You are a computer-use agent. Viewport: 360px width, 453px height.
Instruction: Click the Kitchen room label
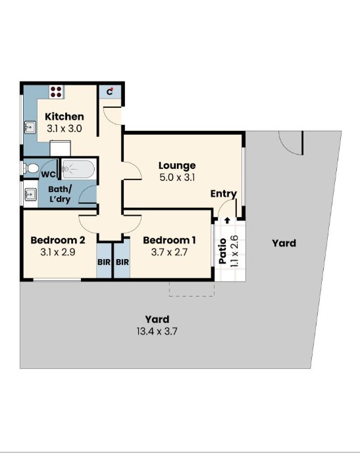coord(64,116)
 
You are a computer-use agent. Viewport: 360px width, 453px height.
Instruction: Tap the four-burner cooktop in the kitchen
coord(56,91)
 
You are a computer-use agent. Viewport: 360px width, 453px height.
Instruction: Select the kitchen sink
coord(30,128)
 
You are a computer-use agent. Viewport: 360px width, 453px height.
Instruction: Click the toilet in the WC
coord(31,168)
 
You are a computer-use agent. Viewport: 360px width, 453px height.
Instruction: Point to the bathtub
coord(78,169)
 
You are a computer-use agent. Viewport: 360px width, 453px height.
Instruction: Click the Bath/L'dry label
coord(60,195)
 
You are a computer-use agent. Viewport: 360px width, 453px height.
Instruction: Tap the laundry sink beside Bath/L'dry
coord(30,194)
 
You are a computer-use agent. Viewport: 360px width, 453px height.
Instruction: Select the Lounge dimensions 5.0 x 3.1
coord(177,178)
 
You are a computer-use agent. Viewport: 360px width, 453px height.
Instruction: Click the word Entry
coord(224,193)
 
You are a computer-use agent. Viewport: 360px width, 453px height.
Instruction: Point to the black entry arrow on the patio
coord(227,221)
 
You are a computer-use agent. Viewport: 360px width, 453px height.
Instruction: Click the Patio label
coord(222,251)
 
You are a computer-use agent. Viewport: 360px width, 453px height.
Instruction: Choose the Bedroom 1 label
coord(169,240)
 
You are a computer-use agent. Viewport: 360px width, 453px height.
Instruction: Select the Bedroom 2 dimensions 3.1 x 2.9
coord(58,252)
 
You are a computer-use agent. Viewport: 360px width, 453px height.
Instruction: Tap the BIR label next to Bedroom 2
coord(104,262)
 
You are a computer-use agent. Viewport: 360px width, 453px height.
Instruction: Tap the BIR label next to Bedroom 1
coord(122,262)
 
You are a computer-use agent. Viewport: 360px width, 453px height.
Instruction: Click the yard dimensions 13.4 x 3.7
coord(157,331)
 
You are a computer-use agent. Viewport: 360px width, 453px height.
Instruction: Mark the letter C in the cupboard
coord(109,92)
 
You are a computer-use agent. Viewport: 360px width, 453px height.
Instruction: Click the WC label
coord(48,174)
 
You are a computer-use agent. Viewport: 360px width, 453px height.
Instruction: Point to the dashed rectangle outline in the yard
coord(192,296)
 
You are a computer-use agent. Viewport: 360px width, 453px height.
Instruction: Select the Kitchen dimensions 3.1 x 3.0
coord(64,129)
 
